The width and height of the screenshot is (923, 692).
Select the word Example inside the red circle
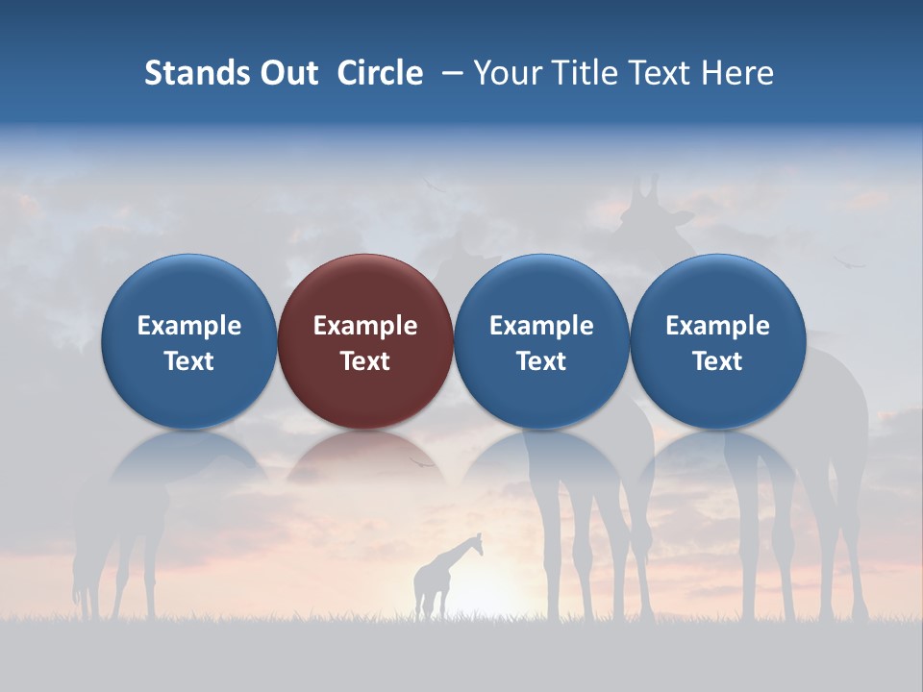click(365, 326)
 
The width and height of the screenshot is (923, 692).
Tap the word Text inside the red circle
click(365, 361)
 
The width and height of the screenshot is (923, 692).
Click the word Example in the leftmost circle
click(188, 326)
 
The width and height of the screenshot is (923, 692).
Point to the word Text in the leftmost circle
click(188, 361)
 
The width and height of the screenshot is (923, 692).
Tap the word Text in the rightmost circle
click(717, 361)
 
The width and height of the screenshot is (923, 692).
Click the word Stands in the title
click(191, 73)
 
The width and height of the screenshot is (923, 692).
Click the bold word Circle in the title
click(380, 73)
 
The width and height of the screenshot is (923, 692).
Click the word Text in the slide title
click(654, 73)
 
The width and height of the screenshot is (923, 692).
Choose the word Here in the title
click(736, 73)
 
